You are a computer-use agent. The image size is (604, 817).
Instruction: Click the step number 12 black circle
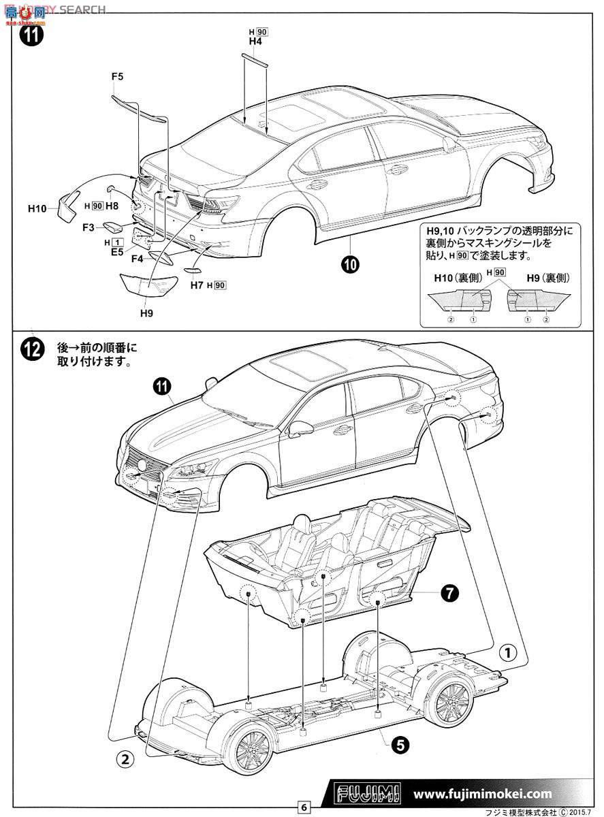31,351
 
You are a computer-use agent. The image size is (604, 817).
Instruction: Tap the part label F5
117,77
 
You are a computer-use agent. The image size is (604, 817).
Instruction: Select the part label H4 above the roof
255,42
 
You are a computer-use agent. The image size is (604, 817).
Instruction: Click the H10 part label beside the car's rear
37,208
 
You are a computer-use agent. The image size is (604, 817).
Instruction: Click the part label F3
89,227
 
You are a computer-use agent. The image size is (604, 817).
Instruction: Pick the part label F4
137,259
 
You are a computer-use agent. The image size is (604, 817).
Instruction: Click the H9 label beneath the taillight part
146,313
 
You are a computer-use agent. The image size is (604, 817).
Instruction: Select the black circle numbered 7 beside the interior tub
448,593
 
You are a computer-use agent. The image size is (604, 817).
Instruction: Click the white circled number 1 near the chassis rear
507,653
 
